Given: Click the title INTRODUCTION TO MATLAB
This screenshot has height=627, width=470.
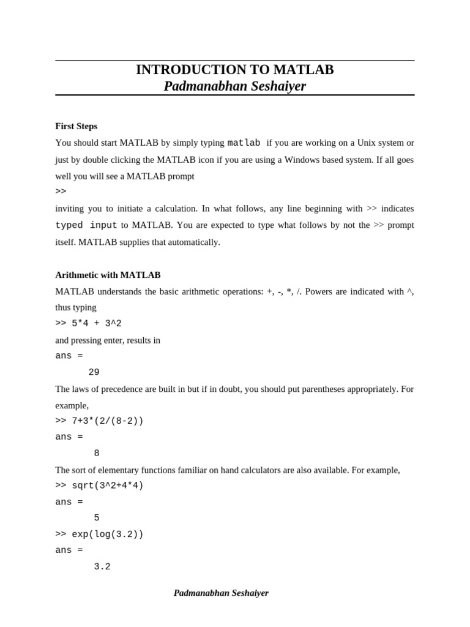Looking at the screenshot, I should [234, 70].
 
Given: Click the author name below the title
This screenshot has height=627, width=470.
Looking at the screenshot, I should [234, 86].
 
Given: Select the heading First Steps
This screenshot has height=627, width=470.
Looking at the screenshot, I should [76, 126].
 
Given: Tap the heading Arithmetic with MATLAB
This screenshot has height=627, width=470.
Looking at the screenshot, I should [108, 275].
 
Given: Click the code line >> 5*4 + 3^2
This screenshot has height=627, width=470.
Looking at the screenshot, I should [88, 323].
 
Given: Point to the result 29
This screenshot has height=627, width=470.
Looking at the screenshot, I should [94, 372].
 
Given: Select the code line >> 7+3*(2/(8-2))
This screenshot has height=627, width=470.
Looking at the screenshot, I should [99, 421].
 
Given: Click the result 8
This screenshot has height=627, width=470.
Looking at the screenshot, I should [97, 453].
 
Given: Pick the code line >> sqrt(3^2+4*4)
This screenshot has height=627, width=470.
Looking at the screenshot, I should [99, 486].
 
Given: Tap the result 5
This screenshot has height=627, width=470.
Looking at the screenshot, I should [97, 518].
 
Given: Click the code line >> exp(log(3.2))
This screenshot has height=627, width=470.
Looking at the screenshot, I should [99, 534].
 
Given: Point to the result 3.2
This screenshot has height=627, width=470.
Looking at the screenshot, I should [102, 567].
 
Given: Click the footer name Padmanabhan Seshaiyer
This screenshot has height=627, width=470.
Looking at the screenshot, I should [221, 593].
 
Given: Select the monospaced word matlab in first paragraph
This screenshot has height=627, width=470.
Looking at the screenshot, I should [244, 143].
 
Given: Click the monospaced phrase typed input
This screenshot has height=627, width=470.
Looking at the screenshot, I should [86, 225].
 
